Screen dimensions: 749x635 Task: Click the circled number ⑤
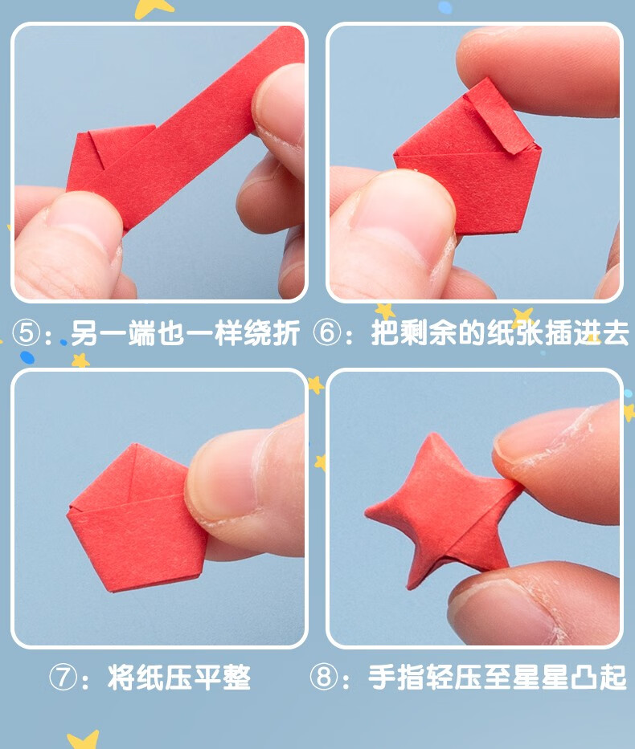(x=27, y=333)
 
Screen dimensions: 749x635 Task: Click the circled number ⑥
(x=327, y=333)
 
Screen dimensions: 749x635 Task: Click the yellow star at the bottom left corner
(x=82, y=739)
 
